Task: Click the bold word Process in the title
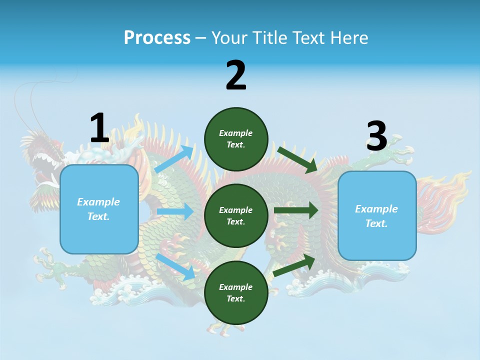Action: [157, 37]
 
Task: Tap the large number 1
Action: [99, 128]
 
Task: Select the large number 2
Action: [236, 75]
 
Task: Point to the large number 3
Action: [376, 136]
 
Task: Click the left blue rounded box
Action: [99, 209]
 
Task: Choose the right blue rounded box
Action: [377, 215]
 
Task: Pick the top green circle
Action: [236, 139]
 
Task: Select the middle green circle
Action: [236, 215]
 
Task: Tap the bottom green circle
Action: [236, 292]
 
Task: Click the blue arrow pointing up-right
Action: [174, 159]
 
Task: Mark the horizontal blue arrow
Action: [175, 211]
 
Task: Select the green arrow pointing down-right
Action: [298, 159]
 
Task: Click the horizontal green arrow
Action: [296, 210]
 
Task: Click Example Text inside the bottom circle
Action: [236, 292]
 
